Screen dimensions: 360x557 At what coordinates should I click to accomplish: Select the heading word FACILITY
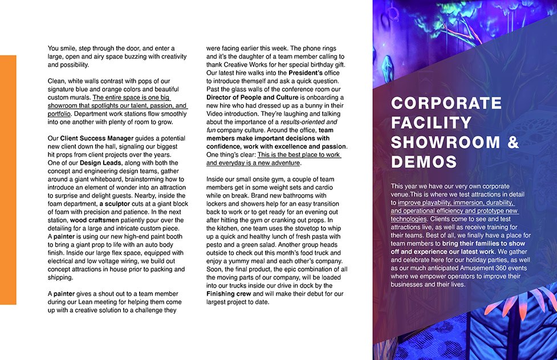[x=432, y=122]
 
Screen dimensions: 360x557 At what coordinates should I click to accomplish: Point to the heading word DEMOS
[x=424, y=162]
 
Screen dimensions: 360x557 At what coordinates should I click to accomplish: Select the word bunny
[x=304, y=105]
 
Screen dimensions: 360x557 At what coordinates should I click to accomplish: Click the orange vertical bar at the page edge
[x=8, y=179]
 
